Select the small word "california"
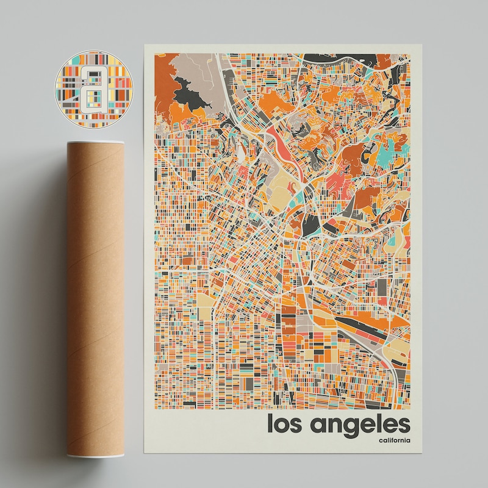pos(393,441)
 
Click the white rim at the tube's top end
pos(95,145)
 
